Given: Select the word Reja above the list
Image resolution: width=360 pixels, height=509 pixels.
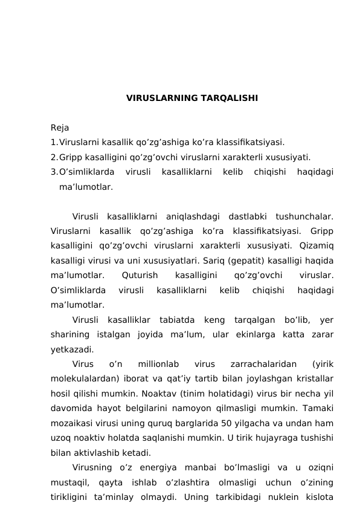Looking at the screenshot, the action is pyautogui.click(x=60, y=128).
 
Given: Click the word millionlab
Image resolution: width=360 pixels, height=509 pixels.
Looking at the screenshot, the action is pyautogui.click(x=158, y=364).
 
